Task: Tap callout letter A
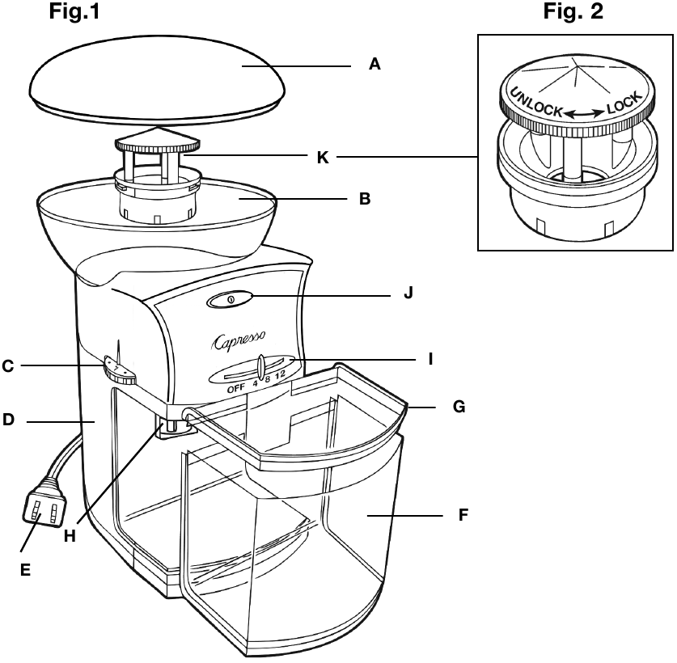point(374,65)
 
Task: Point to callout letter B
point(364,196)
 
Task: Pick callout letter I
point(429,357)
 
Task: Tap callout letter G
point(459,406)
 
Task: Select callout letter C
point(8,366)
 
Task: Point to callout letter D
point(9,420)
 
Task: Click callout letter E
point(25,570)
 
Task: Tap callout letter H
point(70,536)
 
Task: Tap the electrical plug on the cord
point(43,508)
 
